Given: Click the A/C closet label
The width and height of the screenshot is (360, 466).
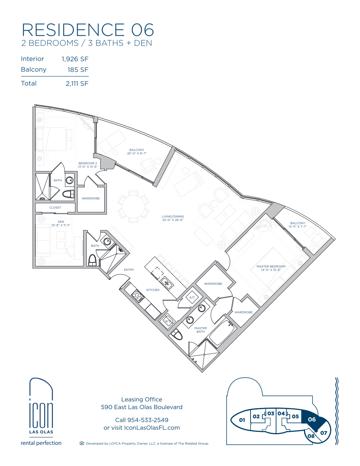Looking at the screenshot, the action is [192, 297].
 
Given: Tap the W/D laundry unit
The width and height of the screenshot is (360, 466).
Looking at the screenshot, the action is [168, 321].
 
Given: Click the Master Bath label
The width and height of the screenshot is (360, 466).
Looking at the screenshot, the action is [200, 330].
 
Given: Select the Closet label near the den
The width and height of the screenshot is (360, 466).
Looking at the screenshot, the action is [55, 208].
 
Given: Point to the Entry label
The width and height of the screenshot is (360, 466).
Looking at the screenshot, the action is [129, 270].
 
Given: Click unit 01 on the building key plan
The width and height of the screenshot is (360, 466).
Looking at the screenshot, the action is [242, 420].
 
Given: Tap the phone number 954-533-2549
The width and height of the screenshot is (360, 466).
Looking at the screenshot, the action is [148, 420].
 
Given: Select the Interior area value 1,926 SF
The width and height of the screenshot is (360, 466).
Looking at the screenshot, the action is [75, 59].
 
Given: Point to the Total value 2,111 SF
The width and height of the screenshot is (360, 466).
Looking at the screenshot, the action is [77, 84].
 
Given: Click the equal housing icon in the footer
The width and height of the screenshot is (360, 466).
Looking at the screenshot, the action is [82, 443].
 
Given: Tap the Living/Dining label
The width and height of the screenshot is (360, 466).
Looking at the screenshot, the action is [173, 218].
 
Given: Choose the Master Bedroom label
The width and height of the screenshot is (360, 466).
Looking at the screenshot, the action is [271, 268].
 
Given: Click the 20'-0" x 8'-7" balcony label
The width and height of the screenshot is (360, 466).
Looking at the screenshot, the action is [136, 152].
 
